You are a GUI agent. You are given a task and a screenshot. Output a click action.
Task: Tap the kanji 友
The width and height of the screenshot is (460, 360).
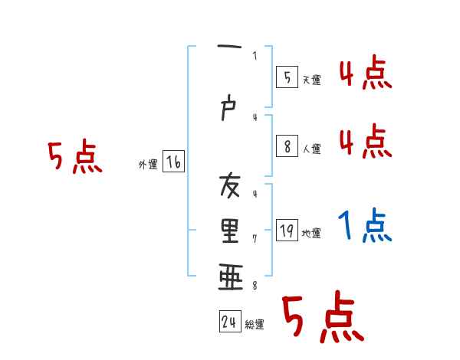point(229,186)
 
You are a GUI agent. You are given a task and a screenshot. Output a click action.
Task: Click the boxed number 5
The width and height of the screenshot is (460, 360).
point(287,77)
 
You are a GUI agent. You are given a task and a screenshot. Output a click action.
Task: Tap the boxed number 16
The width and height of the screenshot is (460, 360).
point(173,162)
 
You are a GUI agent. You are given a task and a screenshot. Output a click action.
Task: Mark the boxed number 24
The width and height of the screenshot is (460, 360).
point(229,322)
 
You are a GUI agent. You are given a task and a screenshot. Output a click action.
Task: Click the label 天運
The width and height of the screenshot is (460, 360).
point(310,80)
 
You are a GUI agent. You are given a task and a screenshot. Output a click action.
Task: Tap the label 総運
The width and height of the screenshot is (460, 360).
point(254,325)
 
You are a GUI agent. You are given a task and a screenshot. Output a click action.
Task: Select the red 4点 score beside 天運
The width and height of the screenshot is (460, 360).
point(366,74)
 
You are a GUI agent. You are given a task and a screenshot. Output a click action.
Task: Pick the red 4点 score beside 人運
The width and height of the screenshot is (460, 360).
point(366,141)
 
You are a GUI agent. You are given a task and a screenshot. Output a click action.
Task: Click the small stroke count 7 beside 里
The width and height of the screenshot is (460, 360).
point(254,239)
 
